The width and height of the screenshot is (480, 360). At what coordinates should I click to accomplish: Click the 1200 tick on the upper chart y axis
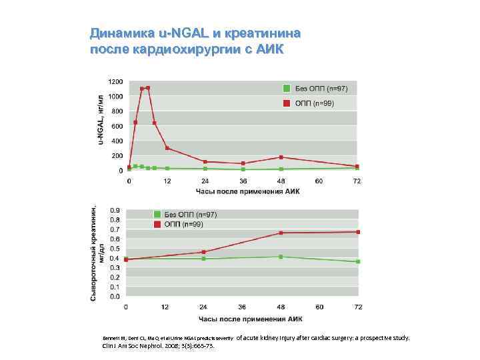click(115, 81)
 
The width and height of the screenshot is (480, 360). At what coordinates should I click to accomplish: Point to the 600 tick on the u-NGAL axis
click(117, 126)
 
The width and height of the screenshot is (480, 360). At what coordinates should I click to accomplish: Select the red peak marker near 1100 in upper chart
click(147, 87)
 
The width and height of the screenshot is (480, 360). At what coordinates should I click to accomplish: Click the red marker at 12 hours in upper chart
click(167, 148)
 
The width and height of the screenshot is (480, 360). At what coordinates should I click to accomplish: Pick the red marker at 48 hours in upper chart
click(281, 157)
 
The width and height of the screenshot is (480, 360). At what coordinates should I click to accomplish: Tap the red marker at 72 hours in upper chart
click(357, 167)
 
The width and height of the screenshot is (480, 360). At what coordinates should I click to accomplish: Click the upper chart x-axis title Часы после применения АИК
click(247, 191)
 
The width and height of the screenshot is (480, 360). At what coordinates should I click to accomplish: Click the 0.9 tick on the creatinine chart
click(115, 210)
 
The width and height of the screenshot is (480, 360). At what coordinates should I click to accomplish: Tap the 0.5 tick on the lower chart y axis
click(115, 249)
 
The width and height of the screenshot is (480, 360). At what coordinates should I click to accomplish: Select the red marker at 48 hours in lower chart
click(281, 233)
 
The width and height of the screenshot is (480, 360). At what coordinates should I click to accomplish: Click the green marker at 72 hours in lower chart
click(358, 261)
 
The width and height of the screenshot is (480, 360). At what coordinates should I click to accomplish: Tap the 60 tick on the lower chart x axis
click(319, 307)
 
